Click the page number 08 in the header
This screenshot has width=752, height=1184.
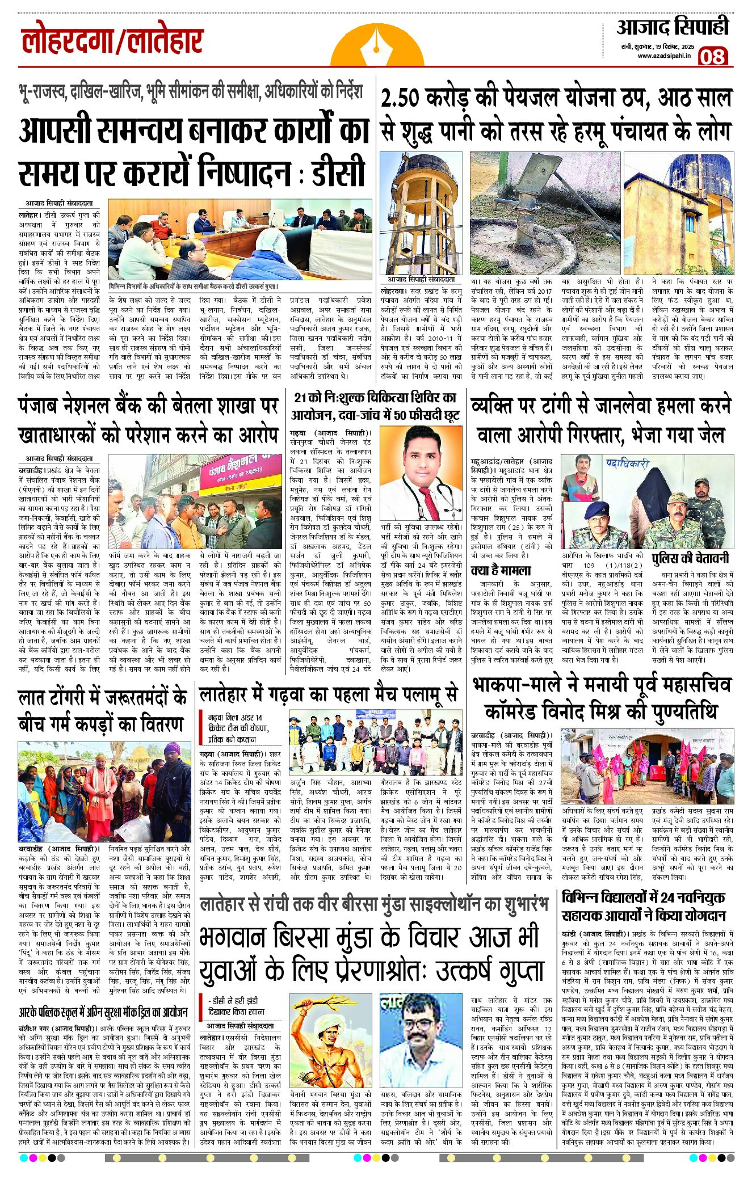pos(712,56)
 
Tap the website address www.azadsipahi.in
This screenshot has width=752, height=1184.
pos(663,56)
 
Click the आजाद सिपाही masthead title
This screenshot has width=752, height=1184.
pos(672,27)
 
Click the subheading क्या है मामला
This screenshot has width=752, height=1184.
pos(501,570)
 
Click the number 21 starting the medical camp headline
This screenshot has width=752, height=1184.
pos(301,398)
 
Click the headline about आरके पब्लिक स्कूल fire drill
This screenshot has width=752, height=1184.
pos(103,1012)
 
